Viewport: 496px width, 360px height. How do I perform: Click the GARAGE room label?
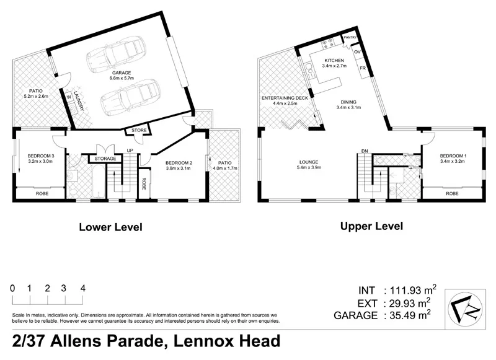pos(122,73)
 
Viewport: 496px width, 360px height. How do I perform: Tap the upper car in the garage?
pos(115,53)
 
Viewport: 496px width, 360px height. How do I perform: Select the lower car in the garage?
pos(130,95)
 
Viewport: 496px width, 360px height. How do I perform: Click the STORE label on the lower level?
pos(139,130)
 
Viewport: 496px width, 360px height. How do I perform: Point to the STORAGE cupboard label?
pos(105,159)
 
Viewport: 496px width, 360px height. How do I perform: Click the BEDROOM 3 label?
pos(41,156)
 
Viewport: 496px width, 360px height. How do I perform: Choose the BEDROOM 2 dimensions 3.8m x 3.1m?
pos(178,168)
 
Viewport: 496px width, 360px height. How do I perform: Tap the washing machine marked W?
pos(69,97)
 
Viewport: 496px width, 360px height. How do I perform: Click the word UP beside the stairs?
pos(130,151)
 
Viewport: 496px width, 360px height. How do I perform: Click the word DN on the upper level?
pos(365,151)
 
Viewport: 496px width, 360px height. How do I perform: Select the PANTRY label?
pos(350,37)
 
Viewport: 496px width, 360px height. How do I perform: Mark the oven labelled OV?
pos(357,52)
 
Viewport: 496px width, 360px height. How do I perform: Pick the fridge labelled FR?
pos(363,68)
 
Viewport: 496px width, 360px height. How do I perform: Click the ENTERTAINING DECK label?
pos(285,99)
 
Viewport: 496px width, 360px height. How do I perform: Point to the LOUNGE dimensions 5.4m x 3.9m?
pos(309,167)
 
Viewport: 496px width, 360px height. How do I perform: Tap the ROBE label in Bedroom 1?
pos(452,193)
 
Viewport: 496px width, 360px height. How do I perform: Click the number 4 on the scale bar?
pos(83,288)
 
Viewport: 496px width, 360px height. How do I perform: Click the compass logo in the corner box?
pos(465,309)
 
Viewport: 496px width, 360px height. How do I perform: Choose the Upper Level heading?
pos(371,226)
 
